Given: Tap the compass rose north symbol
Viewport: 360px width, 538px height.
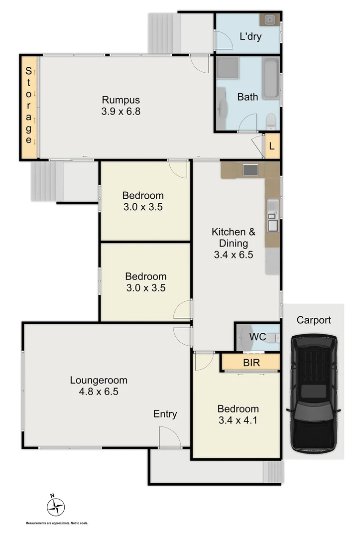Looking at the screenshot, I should [x=56, y=507].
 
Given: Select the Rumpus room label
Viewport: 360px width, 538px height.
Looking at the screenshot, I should [x=121, y=99].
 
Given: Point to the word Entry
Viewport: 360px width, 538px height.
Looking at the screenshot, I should [x=165, y=414].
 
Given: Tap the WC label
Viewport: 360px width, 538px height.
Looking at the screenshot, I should [x=257, y=337].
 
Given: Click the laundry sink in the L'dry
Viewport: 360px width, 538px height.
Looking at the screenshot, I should [x=269, y=20].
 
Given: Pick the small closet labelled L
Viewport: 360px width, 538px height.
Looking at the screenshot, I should [x=271, y=146].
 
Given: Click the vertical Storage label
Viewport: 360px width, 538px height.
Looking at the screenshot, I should [x=29, y=106].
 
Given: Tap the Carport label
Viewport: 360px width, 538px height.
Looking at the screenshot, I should [x=313, y=320].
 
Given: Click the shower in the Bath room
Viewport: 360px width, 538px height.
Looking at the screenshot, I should [x=228, y=68].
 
